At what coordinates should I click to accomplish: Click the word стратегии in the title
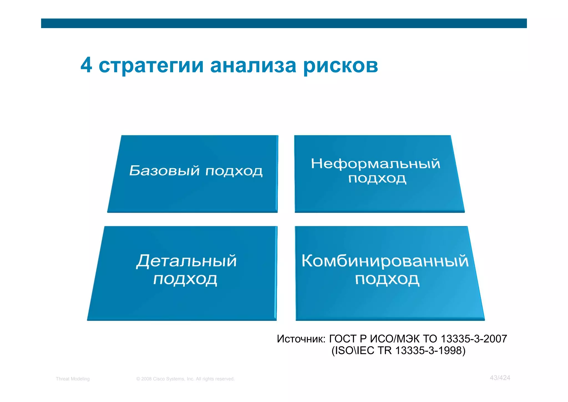coord(151,66)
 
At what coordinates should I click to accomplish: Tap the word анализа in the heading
coord(253,66)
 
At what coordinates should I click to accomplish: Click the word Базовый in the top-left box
coord(164,170)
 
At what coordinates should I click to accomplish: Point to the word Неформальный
coord(375,163)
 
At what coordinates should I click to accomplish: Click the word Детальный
coord(186,261)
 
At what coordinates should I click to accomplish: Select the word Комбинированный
coord(385,261)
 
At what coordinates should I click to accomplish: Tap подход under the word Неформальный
coord(377,179)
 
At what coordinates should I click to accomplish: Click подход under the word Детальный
coord(185,279)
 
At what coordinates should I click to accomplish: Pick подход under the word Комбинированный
coord(387,279)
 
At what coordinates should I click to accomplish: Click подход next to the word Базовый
coord(234,171)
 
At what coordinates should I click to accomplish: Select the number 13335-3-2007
coord(474,339)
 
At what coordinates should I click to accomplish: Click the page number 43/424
coord(500,378)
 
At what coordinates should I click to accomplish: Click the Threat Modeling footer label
coord(73,379)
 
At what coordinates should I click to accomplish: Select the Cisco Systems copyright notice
coord(185,379)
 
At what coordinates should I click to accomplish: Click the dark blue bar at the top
coord(284,23)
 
